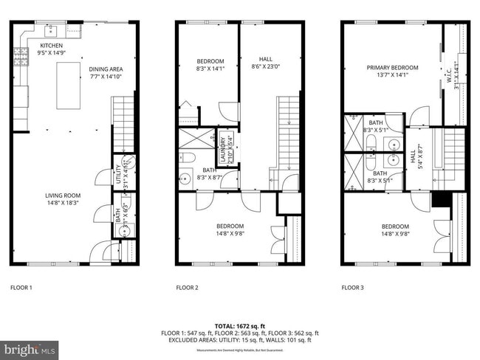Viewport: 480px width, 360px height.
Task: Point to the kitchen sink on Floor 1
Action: pos(50,30)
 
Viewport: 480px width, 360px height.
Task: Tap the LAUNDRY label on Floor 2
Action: pos(221,149)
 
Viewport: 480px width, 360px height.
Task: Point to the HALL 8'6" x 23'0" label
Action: pos(265,63)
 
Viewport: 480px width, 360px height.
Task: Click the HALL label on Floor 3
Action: pos(413,157)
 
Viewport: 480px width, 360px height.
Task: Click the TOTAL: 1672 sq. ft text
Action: pos(239,325)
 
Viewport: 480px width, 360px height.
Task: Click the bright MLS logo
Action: pos(30,348)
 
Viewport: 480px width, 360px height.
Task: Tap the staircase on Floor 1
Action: pos(123,125)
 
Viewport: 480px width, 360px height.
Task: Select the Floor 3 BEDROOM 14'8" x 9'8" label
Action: pos(395,230)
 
